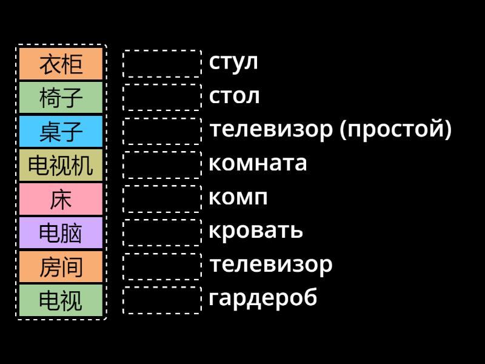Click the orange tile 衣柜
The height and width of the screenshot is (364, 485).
point(61,64)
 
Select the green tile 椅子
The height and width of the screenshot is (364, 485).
point(61,98)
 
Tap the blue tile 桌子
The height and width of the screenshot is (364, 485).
point(61,132)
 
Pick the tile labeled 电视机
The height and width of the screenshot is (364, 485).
point(61,166)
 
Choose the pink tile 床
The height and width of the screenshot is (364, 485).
point(61,200)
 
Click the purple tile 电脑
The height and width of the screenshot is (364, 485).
point(61,234)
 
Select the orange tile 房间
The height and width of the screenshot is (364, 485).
point(61,268)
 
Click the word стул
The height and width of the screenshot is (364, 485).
point(233,62)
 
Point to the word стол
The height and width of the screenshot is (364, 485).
point(234,96)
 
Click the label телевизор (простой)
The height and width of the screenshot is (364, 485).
point(330,130)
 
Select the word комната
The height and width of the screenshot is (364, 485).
point(258,164)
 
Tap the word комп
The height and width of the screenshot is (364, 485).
point(238,198)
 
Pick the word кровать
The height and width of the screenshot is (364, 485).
point(255,231)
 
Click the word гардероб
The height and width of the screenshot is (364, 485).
point(263,298)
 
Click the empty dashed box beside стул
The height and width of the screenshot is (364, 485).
point(162,64)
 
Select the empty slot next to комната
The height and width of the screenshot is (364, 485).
point(162,165)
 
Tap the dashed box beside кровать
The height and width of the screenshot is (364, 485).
point(162,232)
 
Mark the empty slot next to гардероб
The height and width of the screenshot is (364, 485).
point(162,300)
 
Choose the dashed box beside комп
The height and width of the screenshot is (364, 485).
point(162,199)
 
